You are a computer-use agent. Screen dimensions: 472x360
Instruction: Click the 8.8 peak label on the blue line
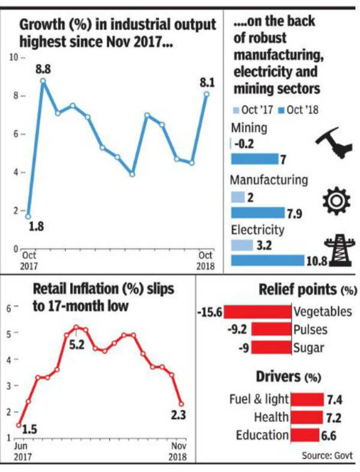click(x=43, y=70)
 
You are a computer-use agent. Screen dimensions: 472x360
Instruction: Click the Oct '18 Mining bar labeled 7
click(x=254, y=159)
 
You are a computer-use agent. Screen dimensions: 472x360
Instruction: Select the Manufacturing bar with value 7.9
click(x=257, y=212)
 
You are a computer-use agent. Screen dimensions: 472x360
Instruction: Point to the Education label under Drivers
click(x=259, y=435)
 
